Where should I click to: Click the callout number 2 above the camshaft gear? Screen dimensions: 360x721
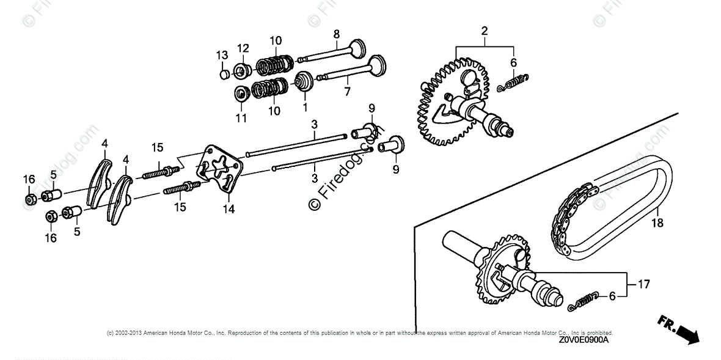pyautogui.click(x=484, y=31)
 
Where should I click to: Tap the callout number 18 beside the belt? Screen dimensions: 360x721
pyautogui.click(x=657, y=224)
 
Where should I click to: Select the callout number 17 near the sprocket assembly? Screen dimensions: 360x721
pyautogui.click(x=643, y=284)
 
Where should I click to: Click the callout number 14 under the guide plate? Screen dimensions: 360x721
pyautogui.click(x=229, y=210)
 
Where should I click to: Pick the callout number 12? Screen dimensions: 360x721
pyautogui.click(x=243, y=48)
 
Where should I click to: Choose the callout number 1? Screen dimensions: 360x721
pyautogui.click(x=305, y=106)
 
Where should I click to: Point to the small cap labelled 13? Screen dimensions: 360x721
pyautogui.click(x=224, y=75)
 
